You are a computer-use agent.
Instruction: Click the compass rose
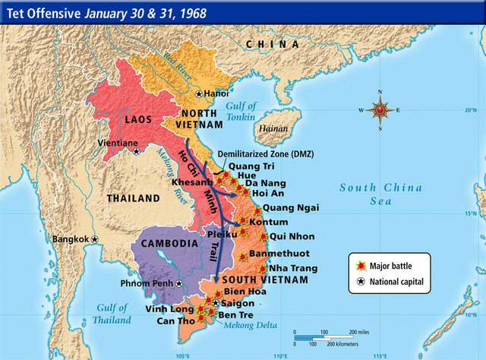click(x=380, y=109)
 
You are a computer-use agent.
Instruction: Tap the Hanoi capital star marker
click(x=199, y=94)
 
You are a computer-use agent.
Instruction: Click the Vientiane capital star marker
click(x=137, y=151)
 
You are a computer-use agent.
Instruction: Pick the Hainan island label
click(x=273, y=129)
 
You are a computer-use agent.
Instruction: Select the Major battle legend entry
click(x=387, y=265)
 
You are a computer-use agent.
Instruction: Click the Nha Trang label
click(x=292, y=269)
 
